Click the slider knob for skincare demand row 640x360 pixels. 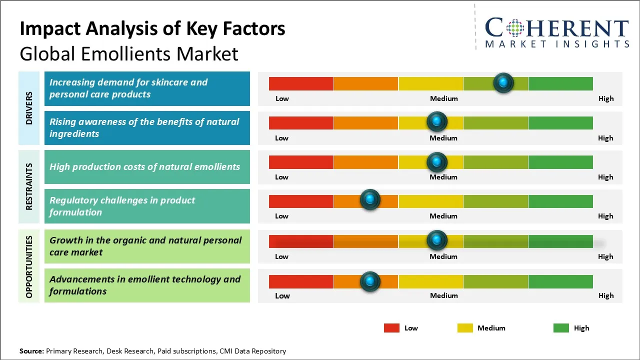(503, 82)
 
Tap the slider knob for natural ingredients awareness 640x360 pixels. (437, 121)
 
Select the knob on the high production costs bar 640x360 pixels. (437, 161)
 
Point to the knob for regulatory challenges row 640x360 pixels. (370, 200)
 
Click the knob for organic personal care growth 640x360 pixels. (437, 240)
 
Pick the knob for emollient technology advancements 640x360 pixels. (370, 281)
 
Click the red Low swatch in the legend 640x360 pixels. (391, 328)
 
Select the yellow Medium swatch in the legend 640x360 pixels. (465, 328)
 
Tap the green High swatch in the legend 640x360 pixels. (561, 328)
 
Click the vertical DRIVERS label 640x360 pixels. (29, 108)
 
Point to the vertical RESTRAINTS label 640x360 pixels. (29, 186)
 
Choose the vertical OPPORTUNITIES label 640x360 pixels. (29, 266)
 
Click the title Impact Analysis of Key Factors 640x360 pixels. (152, 28)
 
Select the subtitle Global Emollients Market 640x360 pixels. (128, 53)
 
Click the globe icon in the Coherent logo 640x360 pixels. (515, 28)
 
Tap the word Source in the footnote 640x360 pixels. (31, 351)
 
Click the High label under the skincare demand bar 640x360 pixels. (605, 98)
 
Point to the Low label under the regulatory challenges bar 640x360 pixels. (281, 216)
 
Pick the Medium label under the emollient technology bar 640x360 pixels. (443, 295)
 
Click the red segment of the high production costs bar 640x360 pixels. (301, 162)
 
